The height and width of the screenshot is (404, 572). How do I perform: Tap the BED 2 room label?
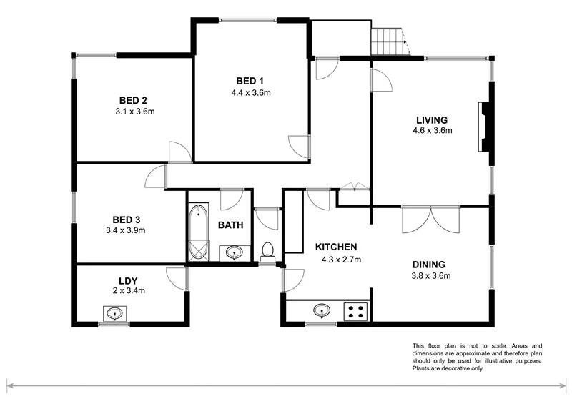134,100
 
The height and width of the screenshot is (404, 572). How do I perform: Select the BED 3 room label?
126,219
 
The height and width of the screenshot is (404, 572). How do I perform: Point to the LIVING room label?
433,119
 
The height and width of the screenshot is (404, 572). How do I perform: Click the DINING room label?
428,264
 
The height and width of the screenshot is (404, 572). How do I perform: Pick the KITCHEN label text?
336,247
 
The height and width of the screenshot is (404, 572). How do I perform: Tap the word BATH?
230,225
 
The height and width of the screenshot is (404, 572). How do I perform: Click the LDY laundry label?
128,280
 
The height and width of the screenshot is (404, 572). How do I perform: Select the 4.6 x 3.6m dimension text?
433,131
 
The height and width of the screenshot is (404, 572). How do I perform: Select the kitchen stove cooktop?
355,311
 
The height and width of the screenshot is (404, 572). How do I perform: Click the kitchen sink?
322,311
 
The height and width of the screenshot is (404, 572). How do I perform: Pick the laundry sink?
114,313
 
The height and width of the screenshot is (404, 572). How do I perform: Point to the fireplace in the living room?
485,127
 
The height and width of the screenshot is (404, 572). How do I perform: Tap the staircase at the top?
388,41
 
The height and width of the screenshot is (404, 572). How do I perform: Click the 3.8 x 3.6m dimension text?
428,275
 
